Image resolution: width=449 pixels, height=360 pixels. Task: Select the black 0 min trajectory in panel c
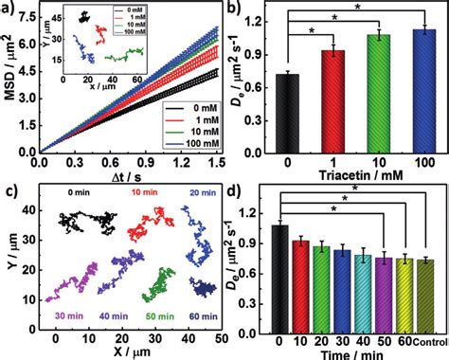click(80, 222)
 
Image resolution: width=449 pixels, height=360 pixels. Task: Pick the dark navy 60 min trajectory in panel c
click(203, 287)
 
